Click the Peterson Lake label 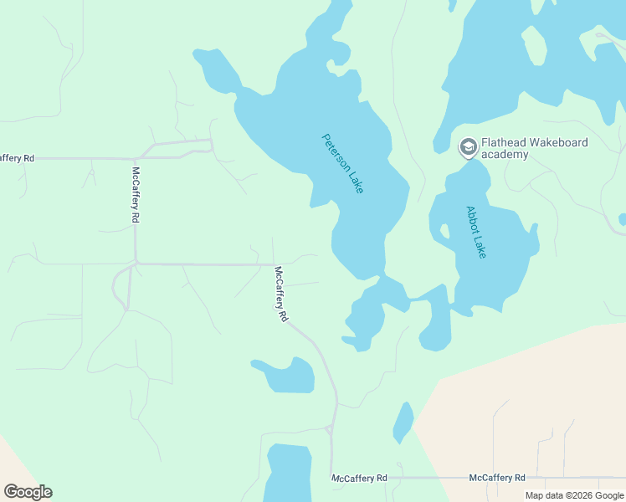[x=343, y=163]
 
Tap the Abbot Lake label [x=475, y=232]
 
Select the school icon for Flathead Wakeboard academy [x=468, y=148]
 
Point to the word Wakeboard [x=558, y=142]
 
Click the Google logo [x=28, y=492]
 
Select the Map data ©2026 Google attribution [x=575, y=495]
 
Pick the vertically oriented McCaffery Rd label [x=136, y=194]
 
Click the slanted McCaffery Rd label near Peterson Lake [x=281, y=294]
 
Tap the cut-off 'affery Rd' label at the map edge [x=17, y=157]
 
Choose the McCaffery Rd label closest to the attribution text [x=497, y=478]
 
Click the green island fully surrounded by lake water [x=534, y=45]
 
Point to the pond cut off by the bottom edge [x=288, y=472]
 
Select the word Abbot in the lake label [x=470, y=219]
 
